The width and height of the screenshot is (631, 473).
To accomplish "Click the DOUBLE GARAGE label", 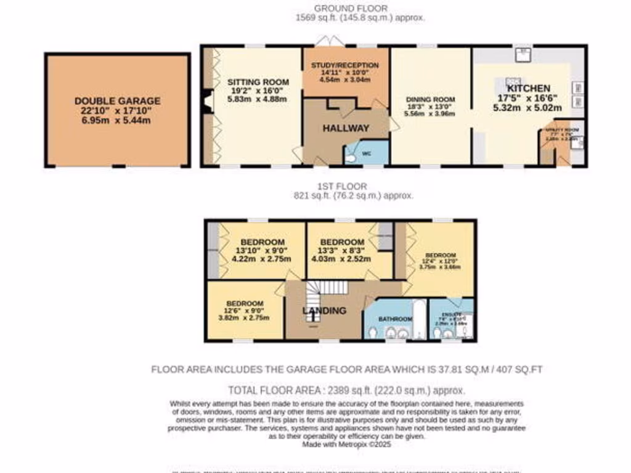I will tap(117, 101).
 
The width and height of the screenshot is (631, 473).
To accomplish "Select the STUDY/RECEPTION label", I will tap(344, 65).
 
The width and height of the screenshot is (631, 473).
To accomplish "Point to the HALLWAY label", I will tap(346, 128).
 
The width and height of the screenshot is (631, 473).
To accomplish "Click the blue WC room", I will tap(367, 153).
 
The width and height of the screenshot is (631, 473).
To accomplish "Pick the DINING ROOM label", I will tap(430, 100).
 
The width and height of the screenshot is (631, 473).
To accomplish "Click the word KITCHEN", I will tap(528, 88).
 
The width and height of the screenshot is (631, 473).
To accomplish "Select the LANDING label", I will tap(324, 310).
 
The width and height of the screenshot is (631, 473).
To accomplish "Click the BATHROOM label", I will tap(395, 319).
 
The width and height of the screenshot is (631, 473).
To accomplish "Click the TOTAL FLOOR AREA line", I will tap(347, 390).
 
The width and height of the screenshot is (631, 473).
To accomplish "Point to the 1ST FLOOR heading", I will tap(352, 186).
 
